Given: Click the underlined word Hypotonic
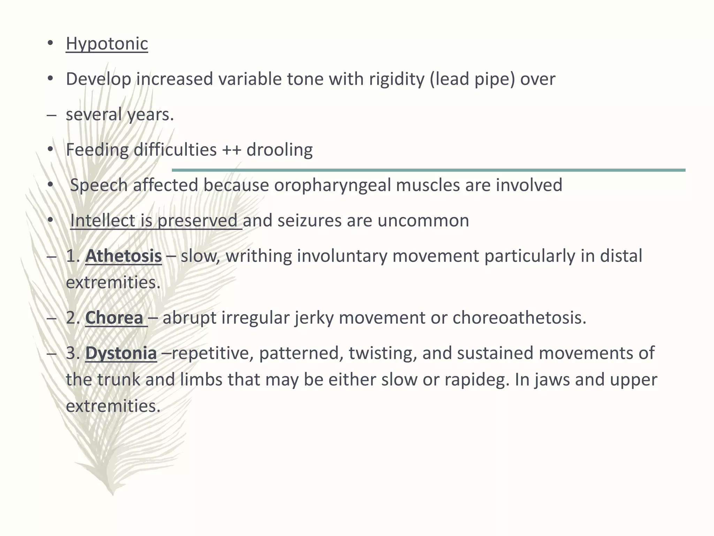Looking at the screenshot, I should [x=107, y=44].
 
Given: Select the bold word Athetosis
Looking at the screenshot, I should [x=123, y=256].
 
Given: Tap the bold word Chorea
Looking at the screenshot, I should [x=114, y=318].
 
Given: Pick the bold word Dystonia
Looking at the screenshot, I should [x=121, y=353].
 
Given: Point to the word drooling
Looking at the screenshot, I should [x=279, y=150].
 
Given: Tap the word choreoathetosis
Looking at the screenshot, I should [x=519, y=318].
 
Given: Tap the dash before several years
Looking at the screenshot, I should [x=51, y=115].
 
